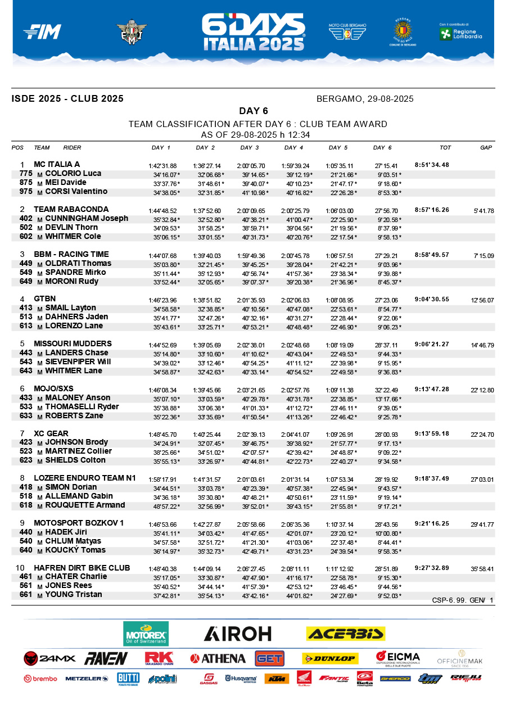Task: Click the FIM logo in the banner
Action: click(x=42, y=32)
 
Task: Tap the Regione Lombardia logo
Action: click(x=460, y=33)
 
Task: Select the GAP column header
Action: click(x=486, y=148)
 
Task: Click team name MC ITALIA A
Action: click(x=57, y=165)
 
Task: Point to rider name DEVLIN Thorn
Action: click(x=71, y=227)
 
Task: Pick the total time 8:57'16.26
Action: click(x=432, y=210)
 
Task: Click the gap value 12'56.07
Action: click(x=482, y=300)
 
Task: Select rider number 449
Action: click(x=26, y=263)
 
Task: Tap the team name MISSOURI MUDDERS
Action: click(x=73, y=343)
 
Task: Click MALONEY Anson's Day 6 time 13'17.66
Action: click(x=388, y=398)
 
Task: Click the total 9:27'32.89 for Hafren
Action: click(x=432, y=568)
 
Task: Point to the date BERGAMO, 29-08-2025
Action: click(x=365, y=99)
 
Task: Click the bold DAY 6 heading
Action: click(x=253, y=111)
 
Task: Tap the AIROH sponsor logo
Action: click(x=237, y=634)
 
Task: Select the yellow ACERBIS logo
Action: click(x=345, y=634)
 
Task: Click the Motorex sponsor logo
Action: click(x=146, y=634)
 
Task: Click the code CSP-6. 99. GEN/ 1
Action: click(x=462, y=600)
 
